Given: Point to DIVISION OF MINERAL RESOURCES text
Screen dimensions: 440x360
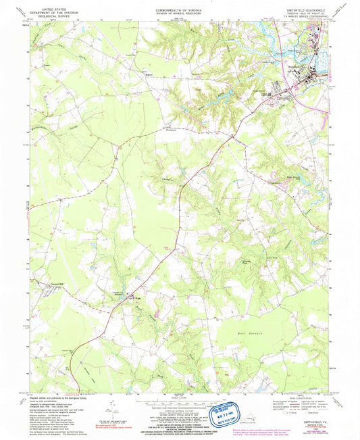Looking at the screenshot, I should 179,10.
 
